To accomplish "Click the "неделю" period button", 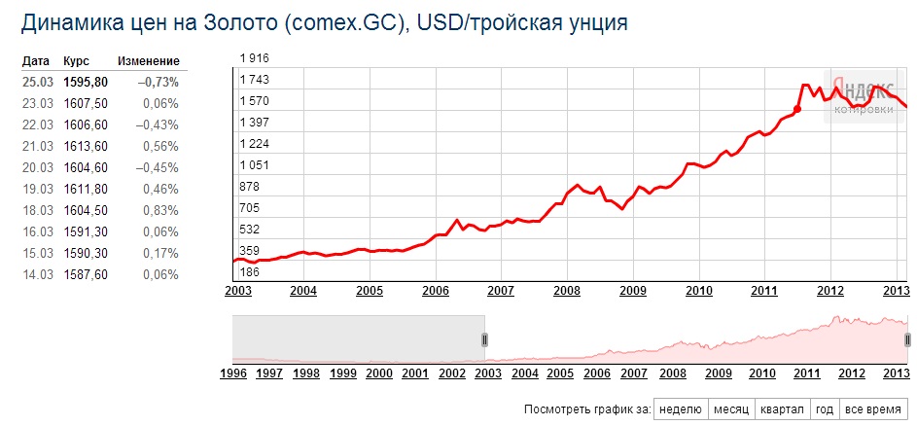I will [x=681, y=408].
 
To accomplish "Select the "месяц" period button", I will [x=730, y=408].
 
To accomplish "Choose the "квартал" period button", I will [x=783, y=408].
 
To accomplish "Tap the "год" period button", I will [x=824, y=408].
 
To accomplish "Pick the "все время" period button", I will [x=871, y=408].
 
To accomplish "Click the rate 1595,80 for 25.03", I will [x=85, y=82].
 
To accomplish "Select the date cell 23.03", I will [x=37, y=103].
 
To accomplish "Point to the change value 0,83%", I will [x=160, y=210].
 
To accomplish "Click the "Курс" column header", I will [x=76, y=61].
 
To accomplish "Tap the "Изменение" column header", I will [x=149, y=61].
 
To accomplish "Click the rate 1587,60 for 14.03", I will [x=85, y=274].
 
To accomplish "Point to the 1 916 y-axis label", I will [x=254, y=59].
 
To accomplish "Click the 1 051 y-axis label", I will [x=254, y=165].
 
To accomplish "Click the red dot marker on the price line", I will [x=797, y=109].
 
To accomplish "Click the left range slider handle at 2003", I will [x=485, y=338].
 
